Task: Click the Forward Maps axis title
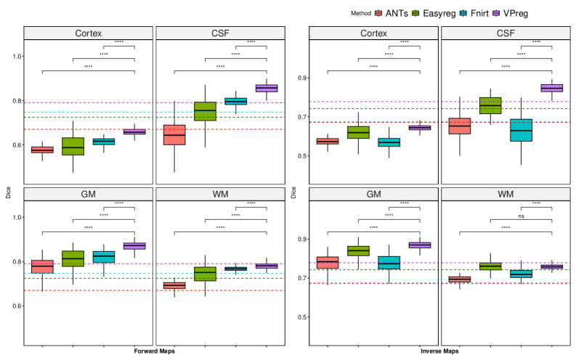[153, 351]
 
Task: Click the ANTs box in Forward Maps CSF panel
[174, 135]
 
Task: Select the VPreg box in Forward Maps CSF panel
[267, 89]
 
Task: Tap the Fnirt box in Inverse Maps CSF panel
[521, 130]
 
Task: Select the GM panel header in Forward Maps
[88, 194]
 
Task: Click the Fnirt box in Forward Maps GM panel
[104, 257]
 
